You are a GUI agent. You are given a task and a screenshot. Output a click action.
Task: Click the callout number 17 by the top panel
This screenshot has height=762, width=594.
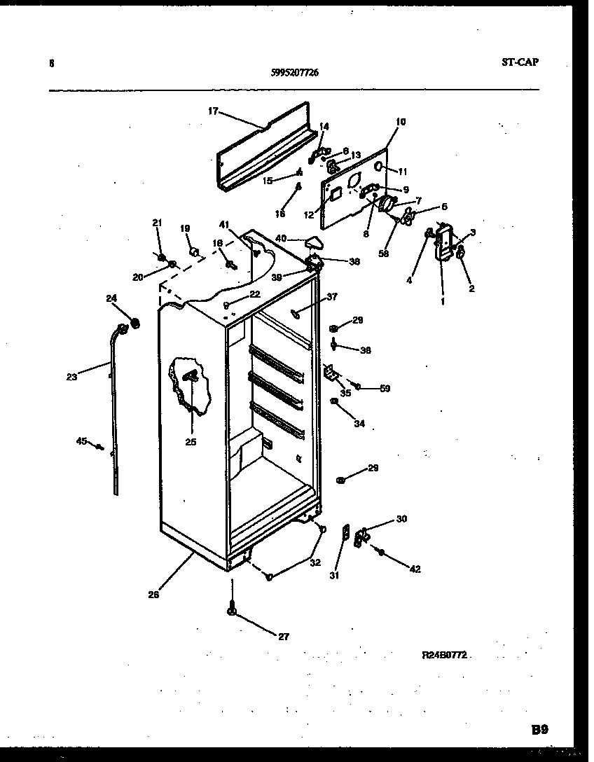(213, 111)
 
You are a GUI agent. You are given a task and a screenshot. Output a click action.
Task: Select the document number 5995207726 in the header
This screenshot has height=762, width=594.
(294, 71)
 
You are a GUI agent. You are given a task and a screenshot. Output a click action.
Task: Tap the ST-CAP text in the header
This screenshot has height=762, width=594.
(520, 62)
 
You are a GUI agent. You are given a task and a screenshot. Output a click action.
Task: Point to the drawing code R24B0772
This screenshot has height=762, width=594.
(444, 656)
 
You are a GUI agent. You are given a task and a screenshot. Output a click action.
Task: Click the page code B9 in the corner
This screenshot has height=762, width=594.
(539, 729)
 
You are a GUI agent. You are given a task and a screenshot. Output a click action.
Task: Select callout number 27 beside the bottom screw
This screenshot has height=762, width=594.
(283, 637)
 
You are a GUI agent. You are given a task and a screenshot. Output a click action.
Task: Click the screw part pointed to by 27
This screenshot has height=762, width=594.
(231, 610)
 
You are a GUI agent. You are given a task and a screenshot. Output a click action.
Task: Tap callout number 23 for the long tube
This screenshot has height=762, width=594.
(71, 377)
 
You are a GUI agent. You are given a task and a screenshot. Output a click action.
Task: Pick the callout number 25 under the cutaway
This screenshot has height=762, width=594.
(191, 441)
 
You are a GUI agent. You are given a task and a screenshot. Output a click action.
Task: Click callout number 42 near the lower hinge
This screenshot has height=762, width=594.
(415, 569)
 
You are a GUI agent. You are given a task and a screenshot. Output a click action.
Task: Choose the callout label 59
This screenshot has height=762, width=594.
(385, 389)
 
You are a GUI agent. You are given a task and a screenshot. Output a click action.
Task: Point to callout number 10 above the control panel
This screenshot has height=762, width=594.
(400, 121)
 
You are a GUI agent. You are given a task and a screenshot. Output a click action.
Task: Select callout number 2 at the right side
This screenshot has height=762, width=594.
(471, 288)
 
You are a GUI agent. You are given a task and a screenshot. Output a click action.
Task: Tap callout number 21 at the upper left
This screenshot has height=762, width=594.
(157, 223)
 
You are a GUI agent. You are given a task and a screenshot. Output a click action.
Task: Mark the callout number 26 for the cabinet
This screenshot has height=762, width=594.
(153, 595)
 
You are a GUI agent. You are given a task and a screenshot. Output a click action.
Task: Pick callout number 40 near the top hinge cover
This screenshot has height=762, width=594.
(281, 238)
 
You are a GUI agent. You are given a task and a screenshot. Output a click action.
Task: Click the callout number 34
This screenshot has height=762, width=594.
(359, 423)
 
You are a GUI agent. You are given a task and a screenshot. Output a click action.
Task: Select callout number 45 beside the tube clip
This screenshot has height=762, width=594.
(81, 441)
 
